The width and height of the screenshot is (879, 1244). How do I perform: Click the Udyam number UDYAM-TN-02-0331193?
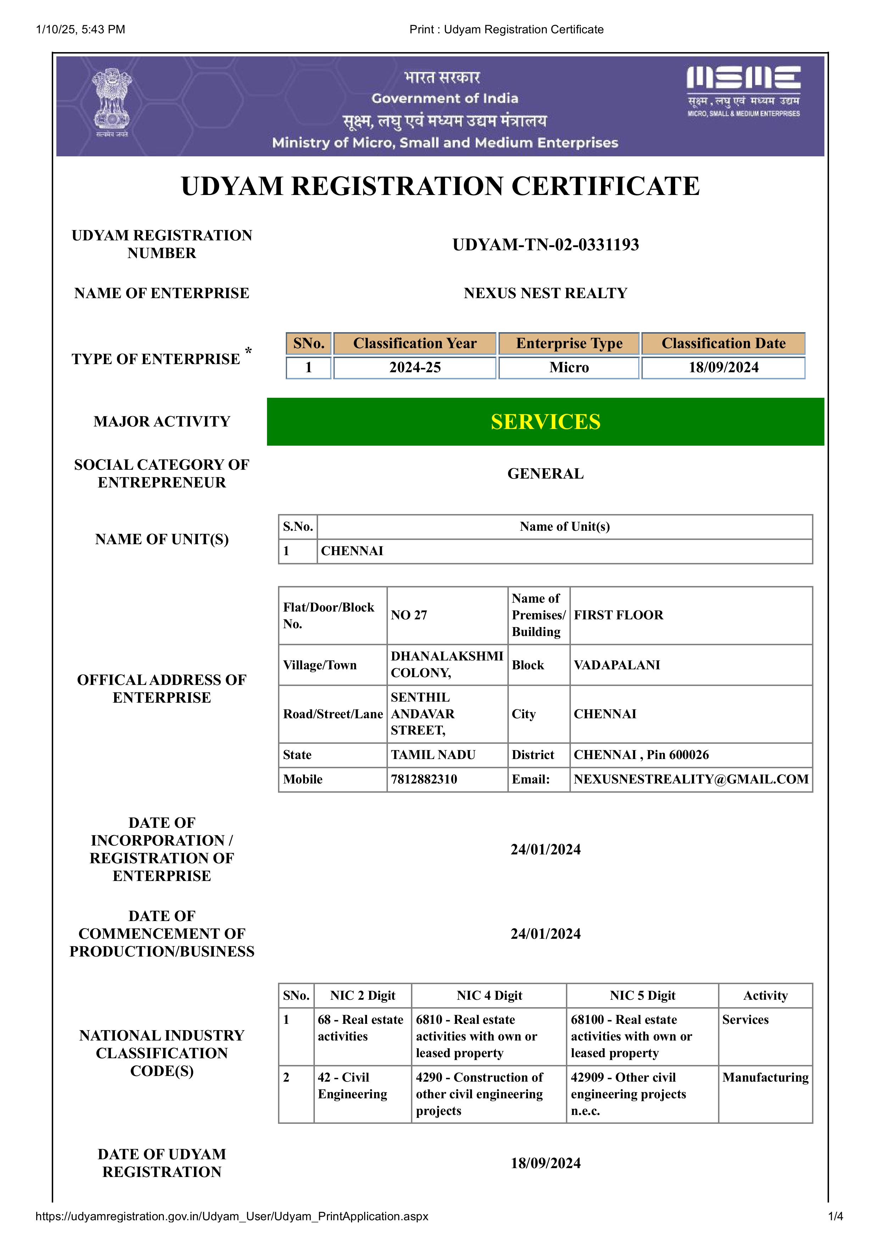click(x=545, y=245)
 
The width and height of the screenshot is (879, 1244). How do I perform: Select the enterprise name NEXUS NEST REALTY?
click(x=545, y=293)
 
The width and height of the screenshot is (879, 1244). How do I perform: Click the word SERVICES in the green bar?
click(x=545, y=422)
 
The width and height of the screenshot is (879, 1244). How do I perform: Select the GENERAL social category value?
click(x=545, y=474)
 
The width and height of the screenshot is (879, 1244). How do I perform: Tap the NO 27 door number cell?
click(x=409, y=615)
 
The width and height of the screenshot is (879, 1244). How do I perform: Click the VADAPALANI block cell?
click(x=617, y=665)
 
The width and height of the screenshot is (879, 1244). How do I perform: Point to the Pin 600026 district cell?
click(x=641, y=755)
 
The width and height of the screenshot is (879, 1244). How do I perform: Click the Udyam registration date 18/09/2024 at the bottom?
click(x=545, y=1163)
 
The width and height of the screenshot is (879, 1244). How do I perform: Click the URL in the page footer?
click(x=232, y=1216)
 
